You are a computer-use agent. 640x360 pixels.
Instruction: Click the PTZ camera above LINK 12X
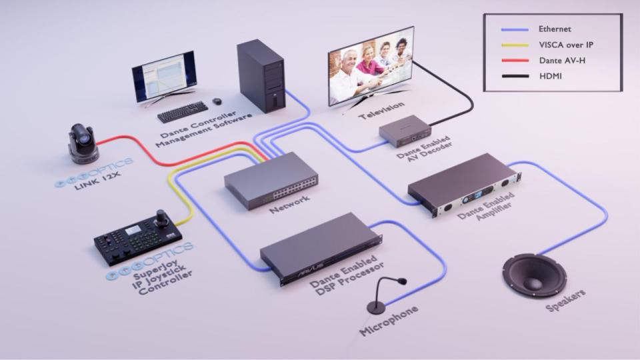click(83, 144)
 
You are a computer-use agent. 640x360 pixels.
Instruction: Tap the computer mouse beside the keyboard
click(217, 101)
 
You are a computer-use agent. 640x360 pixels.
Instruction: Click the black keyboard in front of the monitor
click(183, 111)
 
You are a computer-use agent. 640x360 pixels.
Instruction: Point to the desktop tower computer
click(261, 76)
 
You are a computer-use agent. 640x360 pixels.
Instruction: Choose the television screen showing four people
click(371, 65)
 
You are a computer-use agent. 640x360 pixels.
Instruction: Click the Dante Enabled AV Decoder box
click(405, 131)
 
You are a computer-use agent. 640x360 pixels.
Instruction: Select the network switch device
click(271, 180)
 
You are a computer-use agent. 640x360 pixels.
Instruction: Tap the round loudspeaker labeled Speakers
click(534, 275)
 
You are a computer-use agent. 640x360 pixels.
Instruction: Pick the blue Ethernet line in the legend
click(515, 29)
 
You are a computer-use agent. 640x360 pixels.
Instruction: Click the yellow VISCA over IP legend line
click(515, 45)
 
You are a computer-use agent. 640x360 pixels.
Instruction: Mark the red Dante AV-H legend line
click(515, 61)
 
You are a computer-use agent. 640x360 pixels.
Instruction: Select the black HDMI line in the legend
click(515, 76)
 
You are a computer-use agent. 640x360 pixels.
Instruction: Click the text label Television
click(381, 110)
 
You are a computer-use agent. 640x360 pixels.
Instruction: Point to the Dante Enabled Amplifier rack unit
click(465, 185)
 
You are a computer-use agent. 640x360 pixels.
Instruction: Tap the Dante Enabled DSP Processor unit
click(321, 248)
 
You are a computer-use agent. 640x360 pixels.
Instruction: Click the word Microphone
click(389, 321)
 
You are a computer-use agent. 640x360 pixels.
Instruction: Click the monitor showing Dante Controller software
click(164, 77)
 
